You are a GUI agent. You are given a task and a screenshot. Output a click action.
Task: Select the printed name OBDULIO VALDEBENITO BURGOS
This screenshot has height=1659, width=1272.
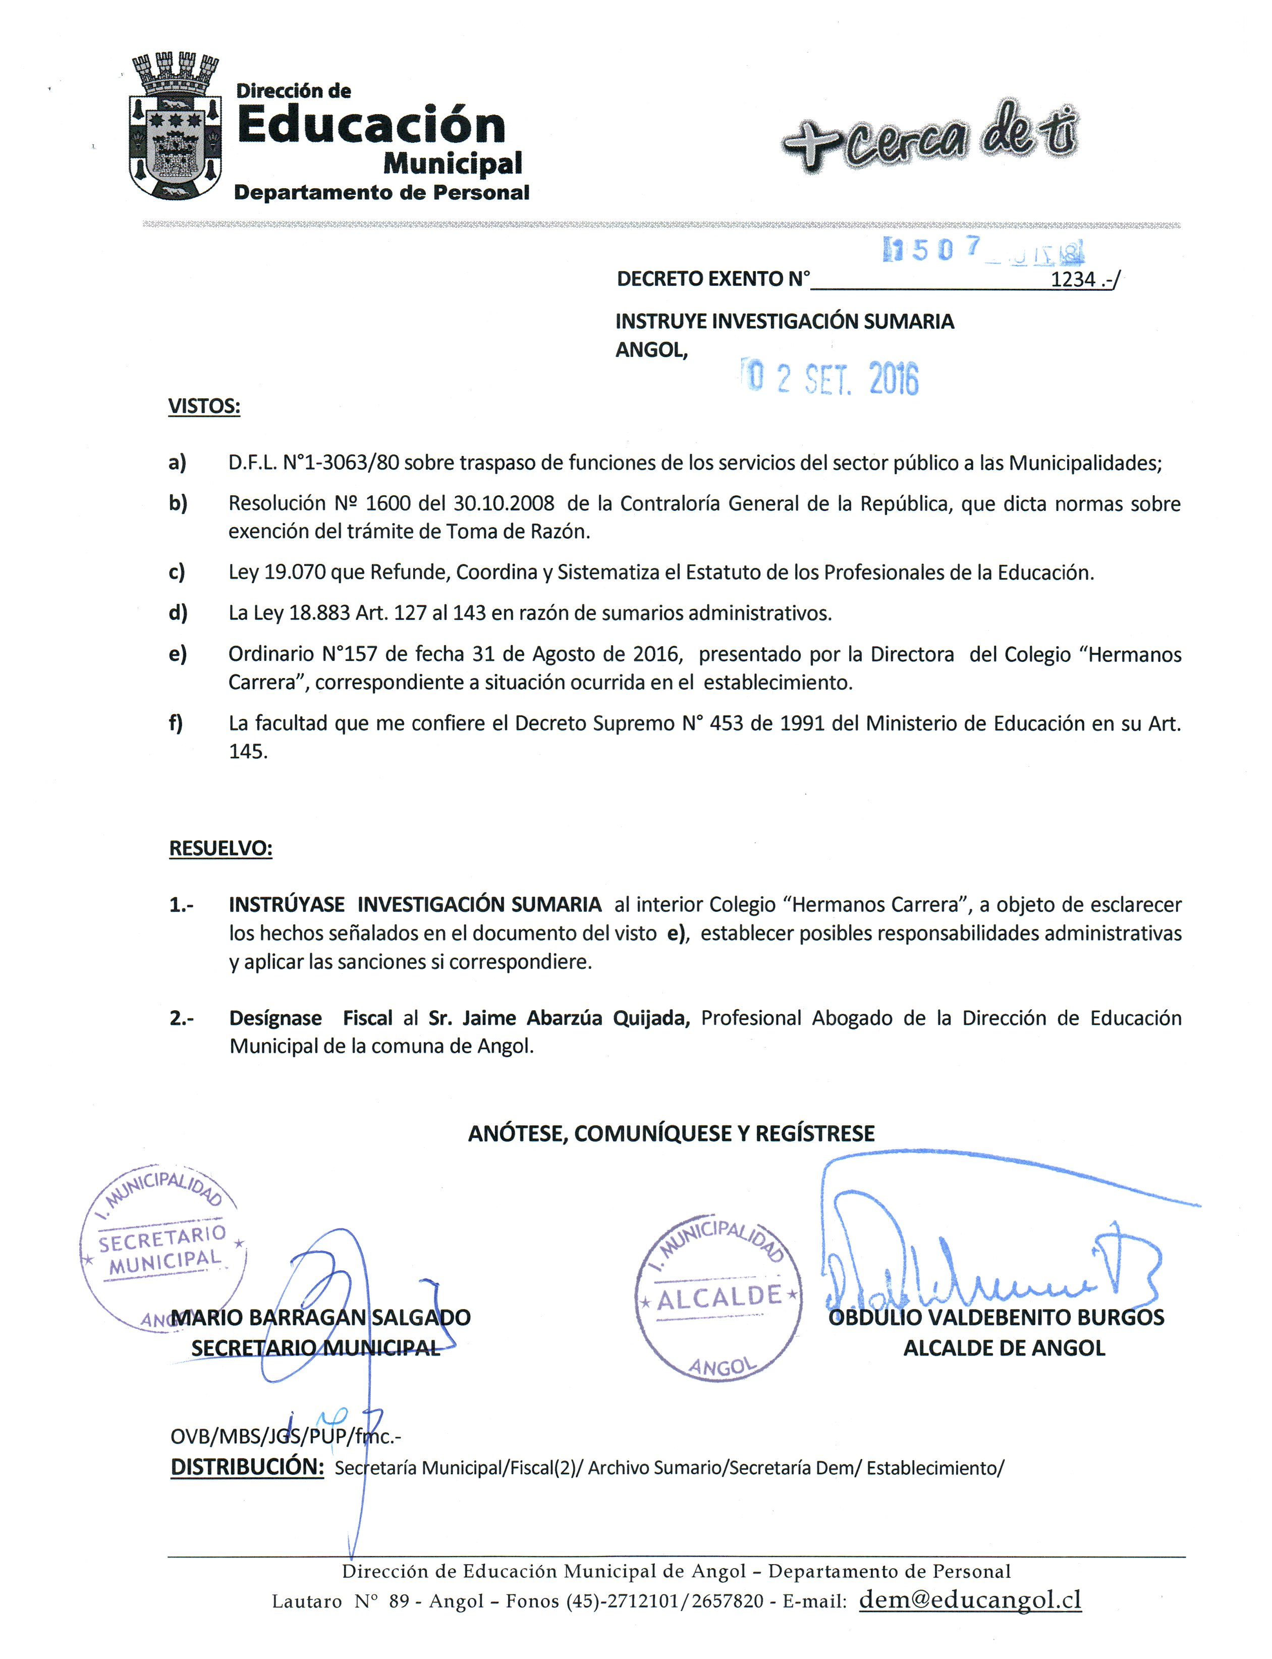pos(997,1317)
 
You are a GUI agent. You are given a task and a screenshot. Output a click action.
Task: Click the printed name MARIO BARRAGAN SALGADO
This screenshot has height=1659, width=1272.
pos(321,1317)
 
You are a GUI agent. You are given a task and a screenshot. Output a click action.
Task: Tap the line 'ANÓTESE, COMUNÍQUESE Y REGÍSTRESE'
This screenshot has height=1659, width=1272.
pos(671,1133)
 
